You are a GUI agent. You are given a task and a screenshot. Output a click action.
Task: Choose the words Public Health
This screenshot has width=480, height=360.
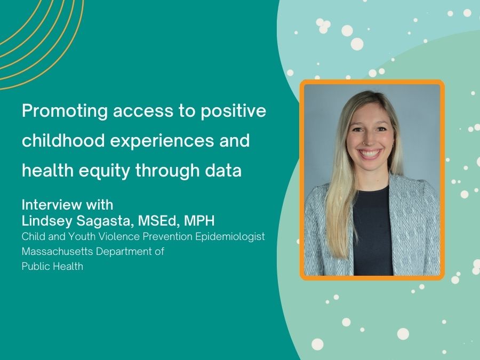click(52, 266)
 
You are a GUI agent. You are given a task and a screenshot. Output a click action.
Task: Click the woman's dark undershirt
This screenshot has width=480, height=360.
click(372, 224)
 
